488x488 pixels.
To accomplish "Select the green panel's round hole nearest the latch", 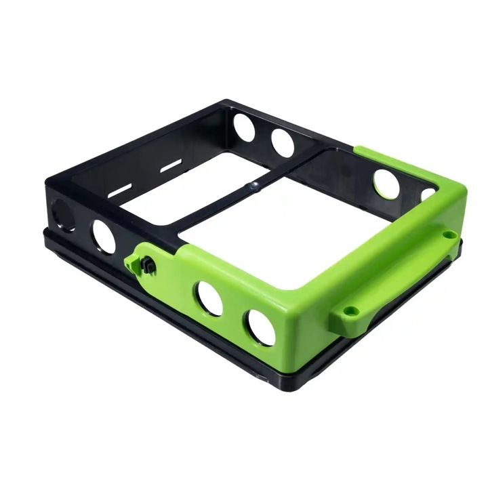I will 209,298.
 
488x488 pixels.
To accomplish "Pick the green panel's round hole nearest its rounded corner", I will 260,327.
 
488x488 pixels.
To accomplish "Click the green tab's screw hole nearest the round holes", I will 350,311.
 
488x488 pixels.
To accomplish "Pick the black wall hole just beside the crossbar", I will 283,140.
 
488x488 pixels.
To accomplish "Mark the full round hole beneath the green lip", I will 386,184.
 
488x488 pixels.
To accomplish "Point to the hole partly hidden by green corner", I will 428,195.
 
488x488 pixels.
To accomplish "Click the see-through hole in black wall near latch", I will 104,237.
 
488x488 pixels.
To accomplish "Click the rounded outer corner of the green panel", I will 298,339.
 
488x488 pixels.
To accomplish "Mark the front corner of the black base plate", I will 268,380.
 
